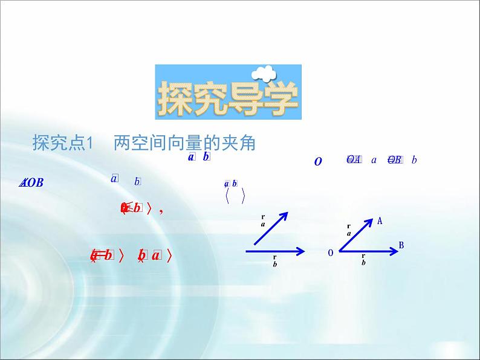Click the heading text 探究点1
coord(63,144)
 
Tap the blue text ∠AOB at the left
coord(31,183)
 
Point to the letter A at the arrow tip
coord(380,221)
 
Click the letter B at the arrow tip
coord(401,245)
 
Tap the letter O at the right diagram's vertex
coord(331,253)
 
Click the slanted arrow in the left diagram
coord(270,229)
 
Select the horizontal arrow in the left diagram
coord(274,250)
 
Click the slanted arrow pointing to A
coord(355,235)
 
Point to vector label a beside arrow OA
coord(349,231)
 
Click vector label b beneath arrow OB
coord(363,260)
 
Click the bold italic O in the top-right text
coord(318,161)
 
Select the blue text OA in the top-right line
coord(354,160)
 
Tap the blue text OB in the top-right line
coord(394,160)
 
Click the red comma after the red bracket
coord(160,210)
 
